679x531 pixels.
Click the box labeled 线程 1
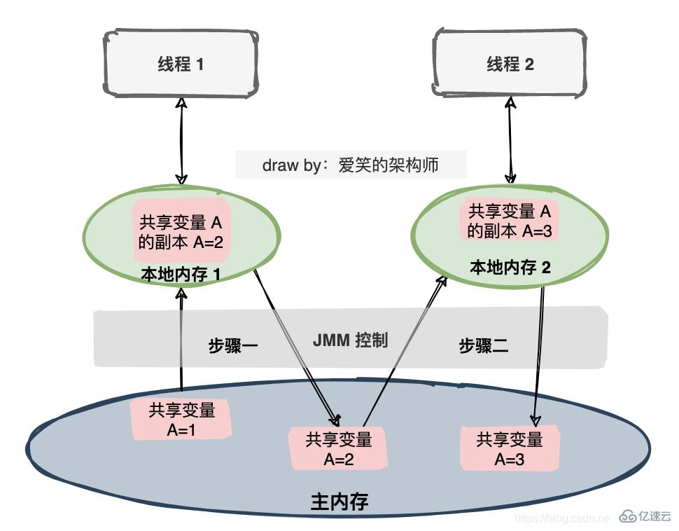click(x=181, y=64)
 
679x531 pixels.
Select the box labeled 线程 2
click(x=510, y=64)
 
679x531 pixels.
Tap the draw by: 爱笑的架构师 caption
click(x=350, y=165)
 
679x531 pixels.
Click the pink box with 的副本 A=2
click(x=181, y=233)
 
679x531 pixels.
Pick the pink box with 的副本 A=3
click(x=510, y=220)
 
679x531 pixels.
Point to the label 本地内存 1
click(x=181, y=275)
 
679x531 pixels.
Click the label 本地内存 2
click(x=510, y=267)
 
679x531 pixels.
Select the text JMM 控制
click(x=349, y=340)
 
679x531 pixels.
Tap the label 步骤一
click(x=233, y=345)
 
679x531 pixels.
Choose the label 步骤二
click(x=483, y=345)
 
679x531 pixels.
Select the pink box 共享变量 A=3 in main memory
click(x=509, y=449)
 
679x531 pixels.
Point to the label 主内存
click(x=339, y=502)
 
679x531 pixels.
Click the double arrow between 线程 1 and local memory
click(x=181, y=140)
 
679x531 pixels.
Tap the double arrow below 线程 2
click(x=510, y=140)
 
